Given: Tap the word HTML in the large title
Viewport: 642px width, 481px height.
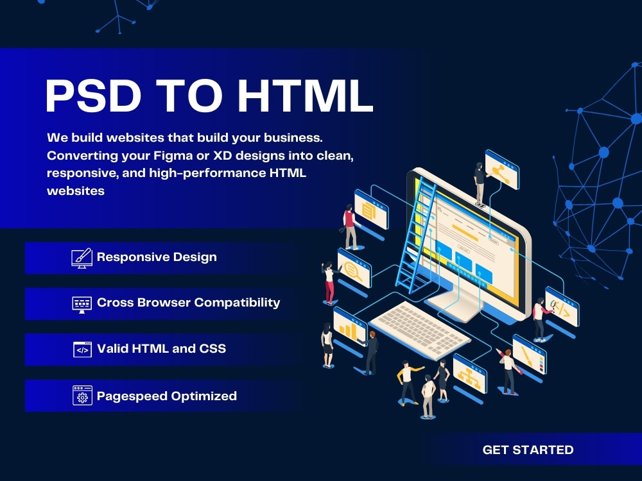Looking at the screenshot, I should [305, 96].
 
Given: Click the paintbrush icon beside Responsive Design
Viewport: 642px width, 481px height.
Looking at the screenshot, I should [82, 258].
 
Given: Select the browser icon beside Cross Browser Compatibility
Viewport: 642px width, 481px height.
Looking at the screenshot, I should [82, 303].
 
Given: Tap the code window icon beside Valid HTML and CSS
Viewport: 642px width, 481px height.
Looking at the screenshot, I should [82, 350].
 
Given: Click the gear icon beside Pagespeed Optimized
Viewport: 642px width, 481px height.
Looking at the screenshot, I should [82, 396].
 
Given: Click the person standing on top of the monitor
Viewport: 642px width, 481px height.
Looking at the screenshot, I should [479, 182].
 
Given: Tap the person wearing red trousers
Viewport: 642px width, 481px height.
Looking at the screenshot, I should [329, 282].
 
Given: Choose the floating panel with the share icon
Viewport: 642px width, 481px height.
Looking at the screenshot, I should [501, 169].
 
